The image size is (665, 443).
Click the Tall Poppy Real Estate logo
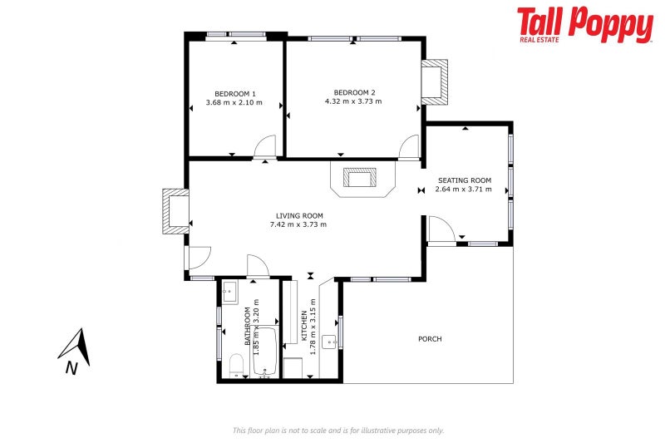(584, 25)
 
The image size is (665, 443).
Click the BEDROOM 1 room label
(234, 94)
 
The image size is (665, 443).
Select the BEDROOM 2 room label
(353, 92)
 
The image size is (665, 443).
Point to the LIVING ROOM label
(298, 215)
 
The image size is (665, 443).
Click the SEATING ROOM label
(464, 180)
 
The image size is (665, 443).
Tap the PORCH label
(430, 339)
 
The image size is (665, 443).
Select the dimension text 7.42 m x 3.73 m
(298, 224)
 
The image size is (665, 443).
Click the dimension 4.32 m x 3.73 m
(353, 101)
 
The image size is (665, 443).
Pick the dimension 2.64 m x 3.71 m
(464, 190)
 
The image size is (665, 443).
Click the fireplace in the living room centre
(361, 179)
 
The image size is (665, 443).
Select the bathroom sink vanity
(230, 291)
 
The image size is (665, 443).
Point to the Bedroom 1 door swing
(265, 147)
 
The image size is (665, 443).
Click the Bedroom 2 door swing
(409, 147)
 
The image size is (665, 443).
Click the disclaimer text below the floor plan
(337, 431)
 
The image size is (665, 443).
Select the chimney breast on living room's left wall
(175, 211)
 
